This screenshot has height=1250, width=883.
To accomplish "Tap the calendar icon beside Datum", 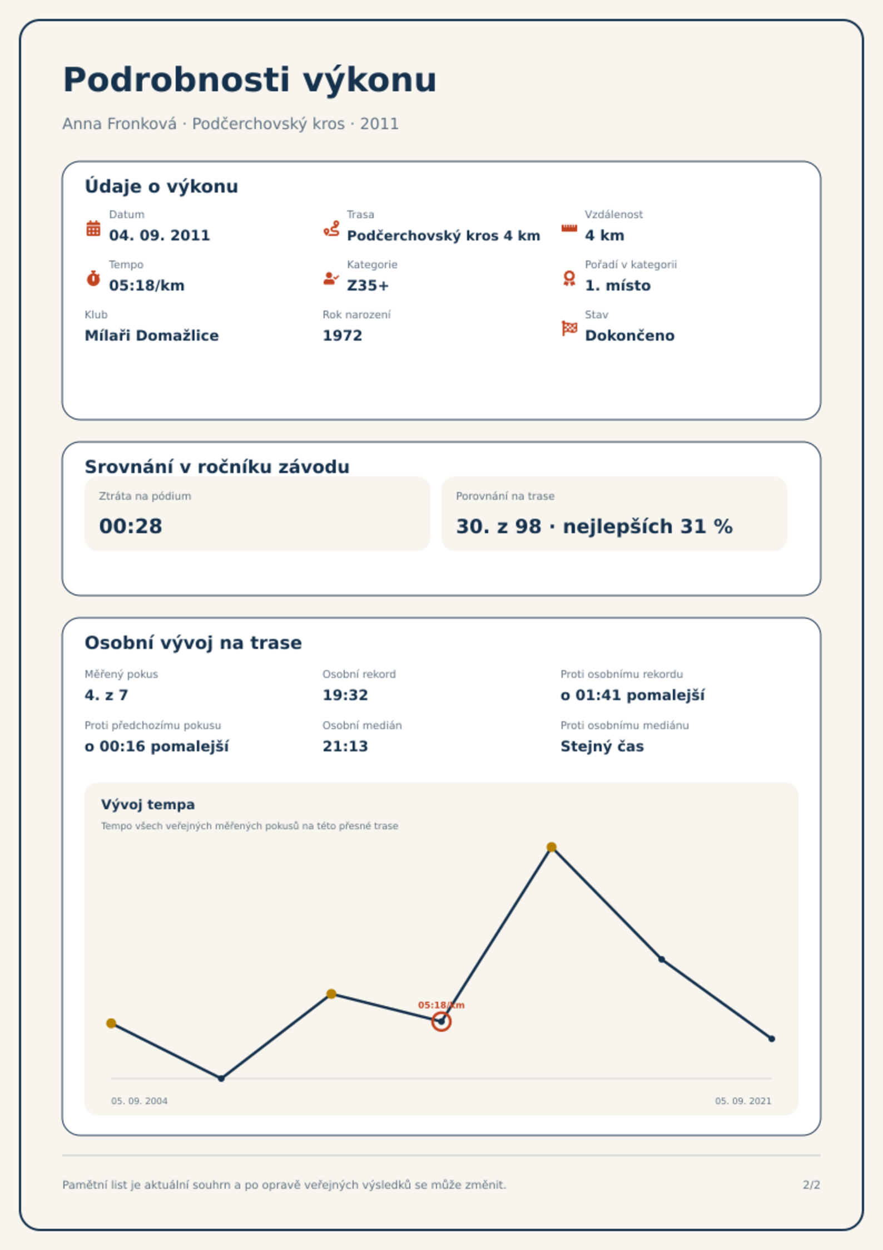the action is (x=93, y=228).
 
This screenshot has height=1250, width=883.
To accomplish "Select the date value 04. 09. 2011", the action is (x=160, y=235).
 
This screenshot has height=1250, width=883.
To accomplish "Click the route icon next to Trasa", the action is (x=331, y=228).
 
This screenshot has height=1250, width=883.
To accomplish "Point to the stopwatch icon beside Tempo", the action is (x=93, y=278).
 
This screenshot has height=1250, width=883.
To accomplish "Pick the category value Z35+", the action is (x=368, y=286).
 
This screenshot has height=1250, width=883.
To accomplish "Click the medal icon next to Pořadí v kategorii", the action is (x=569, y=278).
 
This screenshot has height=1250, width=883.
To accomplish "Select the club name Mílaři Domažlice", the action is (x=152, y=336).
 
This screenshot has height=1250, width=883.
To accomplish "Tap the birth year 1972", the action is (x=343, y=336).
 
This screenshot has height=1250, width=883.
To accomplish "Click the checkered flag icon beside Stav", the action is (x=569, y=328).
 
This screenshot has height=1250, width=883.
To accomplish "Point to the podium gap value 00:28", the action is (x=131, y=526).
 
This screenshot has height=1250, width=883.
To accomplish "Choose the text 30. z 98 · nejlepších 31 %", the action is (x=594, y=526).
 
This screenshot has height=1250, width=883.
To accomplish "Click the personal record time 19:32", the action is (x=345, y=695).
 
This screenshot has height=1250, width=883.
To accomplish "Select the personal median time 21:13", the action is (x=345, y=746).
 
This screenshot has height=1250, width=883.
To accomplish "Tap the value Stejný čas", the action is (x=602, y=746).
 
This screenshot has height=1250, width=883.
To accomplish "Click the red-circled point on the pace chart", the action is (x=441, y=1021).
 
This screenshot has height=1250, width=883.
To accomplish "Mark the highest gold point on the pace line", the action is (x=552, y=847).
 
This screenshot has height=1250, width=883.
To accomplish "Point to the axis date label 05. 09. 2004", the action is (x=139, y=1101).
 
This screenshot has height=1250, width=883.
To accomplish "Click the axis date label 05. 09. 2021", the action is (x=743, y=1101).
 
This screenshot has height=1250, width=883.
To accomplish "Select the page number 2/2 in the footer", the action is (x=812, y=1185).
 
